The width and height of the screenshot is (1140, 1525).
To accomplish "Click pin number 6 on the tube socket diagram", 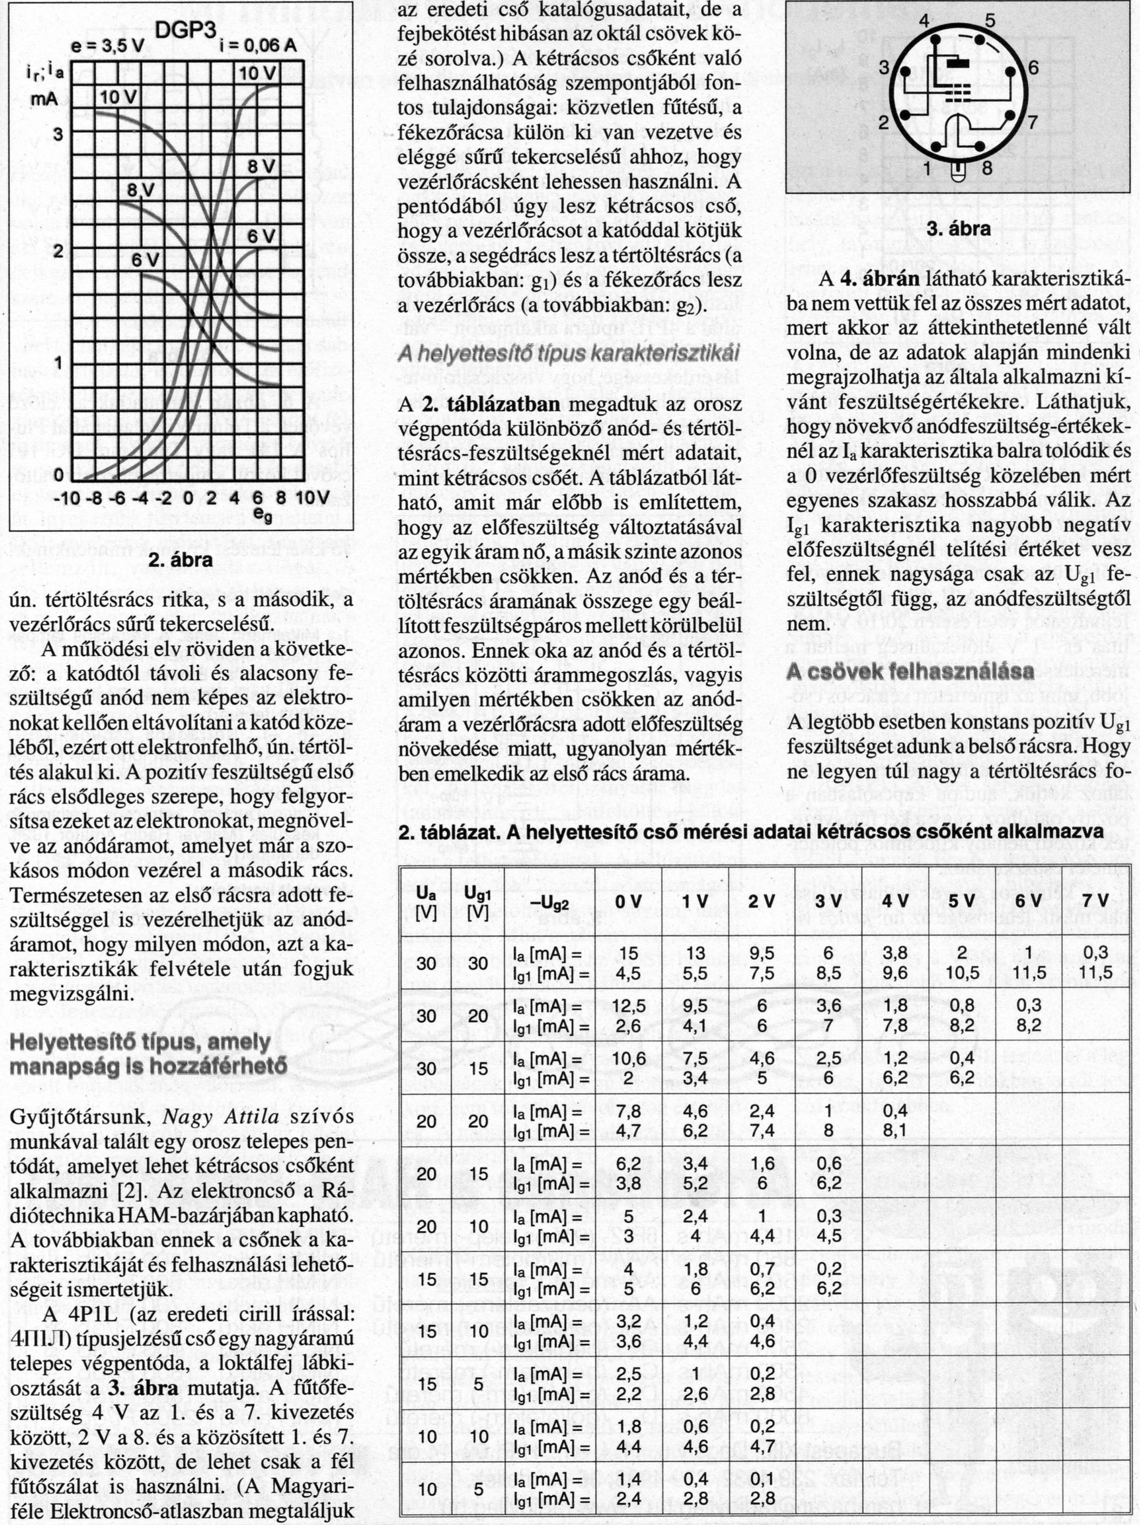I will [1032, 68].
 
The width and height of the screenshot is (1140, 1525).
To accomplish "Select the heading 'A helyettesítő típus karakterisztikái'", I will [569, 353].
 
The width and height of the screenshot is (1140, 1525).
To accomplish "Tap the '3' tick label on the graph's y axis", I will [58, 134].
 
